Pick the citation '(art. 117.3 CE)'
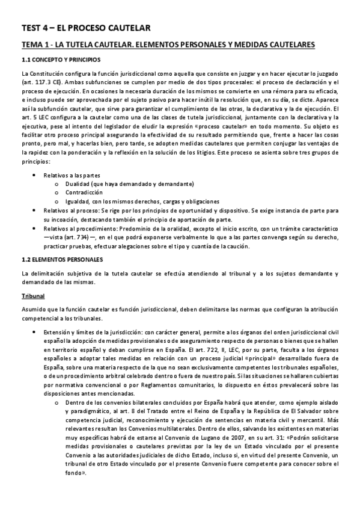40,82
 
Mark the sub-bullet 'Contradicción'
78,192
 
